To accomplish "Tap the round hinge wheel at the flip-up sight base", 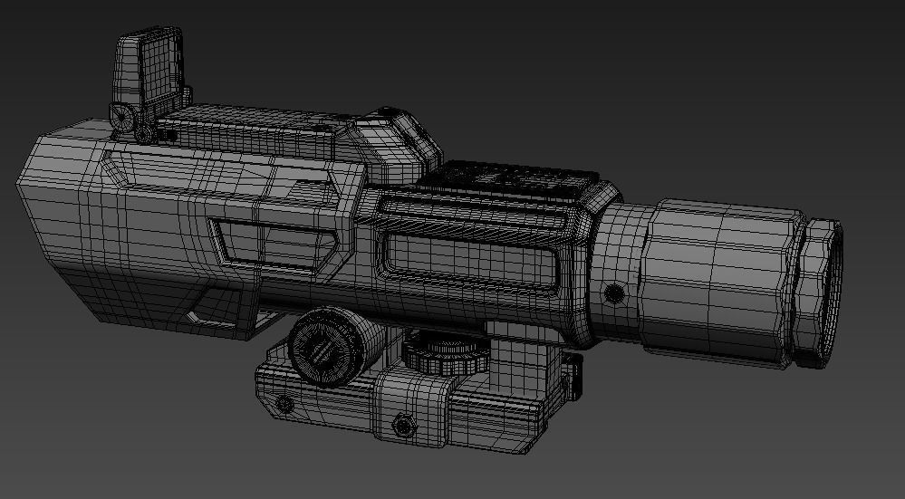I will click(x=121, y=115).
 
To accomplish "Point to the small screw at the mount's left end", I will click(x=284, y=402).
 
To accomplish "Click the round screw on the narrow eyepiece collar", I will click(x=614, y=292).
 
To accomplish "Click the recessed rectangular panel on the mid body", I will click(x=467, y=255).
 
